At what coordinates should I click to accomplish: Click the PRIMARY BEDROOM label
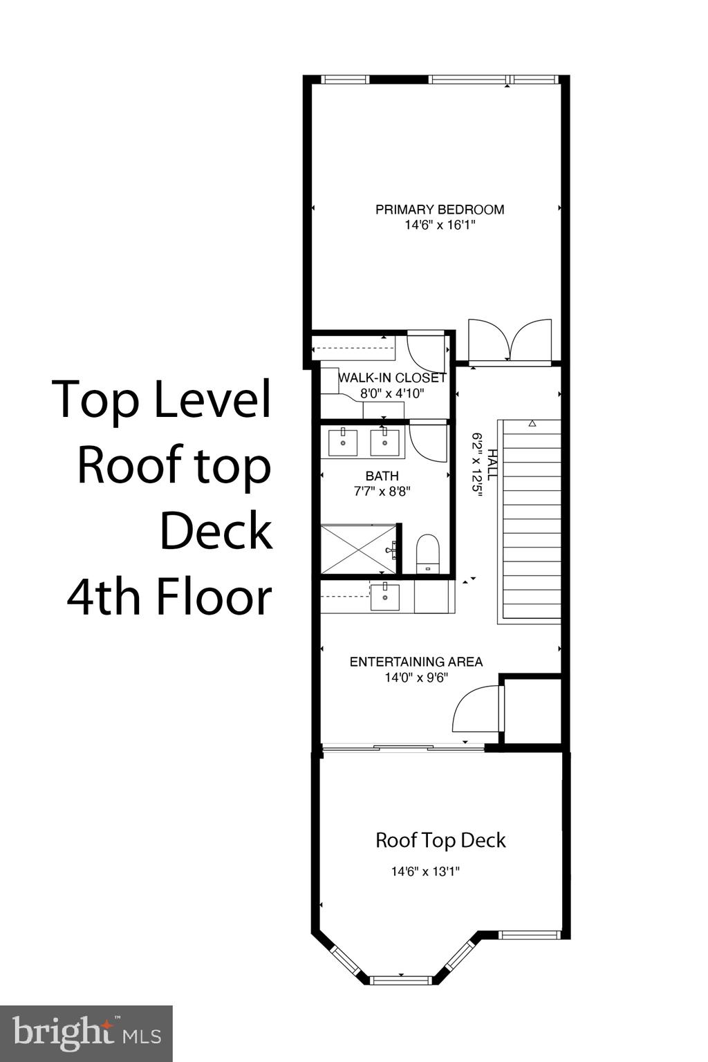pyautogui.click(x=440, y=209)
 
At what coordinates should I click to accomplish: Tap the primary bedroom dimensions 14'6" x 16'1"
pyautogui.click(x=440, y=225)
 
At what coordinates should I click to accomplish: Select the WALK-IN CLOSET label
pyautogui.click(x=392, y=378)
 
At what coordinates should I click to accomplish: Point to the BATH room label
pyautogui.click(x=382, y=476)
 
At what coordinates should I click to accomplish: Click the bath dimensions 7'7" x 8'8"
pyautogui.click(x=382, y=492)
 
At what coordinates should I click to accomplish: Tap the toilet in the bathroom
pyautogui.click(x=428, y=554)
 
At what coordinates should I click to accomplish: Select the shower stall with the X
pyautogui.click(x=358, y=549)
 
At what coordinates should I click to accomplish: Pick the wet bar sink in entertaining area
pyautogui.click(x=384, y=597)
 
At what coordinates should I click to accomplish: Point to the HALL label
pyautogui.click(x=492, y=464)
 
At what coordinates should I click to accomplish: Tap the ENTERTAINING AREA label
pyautogui.click(x=416, y=662)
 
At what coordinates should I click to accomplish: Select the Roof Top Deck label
pyautogui.click(x=440, y=840)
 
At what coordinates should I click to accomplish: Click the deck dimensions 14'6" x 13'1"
pyautogui.click(x=425, y=872)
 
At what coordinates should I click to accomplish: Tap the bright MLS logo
pyautogui.click(x=86, y=1034)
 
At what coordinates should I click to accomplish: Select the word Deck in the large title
pyautogui.click(x=216, y=531)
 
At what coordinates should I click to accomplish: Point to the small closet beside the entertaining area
pyautogui.click(x=531, y=711)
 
